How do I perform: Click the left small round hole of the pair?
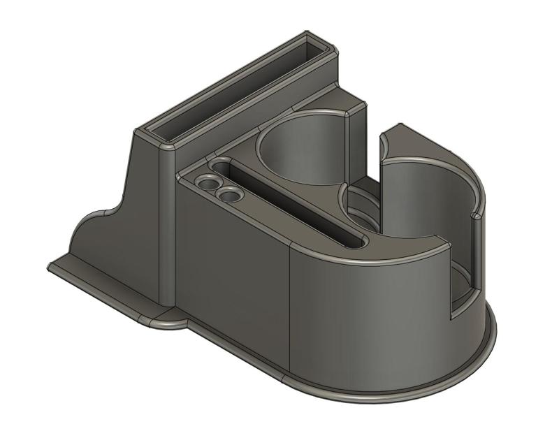207,183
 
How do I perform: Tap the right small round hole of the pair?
228,196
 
